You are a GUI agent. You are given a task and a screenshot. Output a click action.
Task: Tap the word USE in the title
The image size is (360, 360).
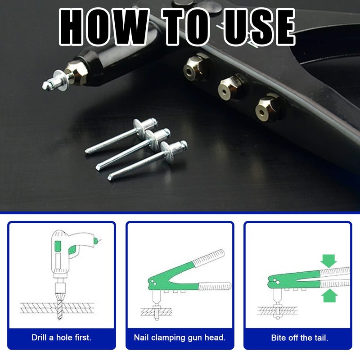259,27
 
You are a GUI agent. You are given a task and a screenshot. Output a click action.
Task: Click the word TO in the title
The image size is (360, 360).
186,27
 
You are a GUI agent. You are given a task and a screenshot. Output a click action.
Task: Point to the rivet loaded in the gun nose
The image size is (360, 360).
55,81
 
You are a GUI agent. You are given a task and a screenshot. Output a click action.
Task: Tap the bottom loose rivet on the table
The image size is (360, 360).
148,160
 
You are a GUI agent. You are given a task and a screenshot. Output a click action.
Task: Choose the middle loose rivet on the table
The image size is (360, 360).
134,149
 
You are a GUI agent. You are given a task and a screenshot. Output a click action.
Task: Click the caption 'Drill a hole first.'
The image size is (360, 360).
61,337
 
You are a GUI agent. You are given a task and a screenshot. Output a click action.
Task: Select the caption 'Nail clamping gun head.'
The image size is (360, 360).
180,337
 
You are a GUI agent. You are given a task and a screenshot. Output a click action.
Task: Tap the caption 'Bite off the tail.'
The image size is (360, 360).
300,337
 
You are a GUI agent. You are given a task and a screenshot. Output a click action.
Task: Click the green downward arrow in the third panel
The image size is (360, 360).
329,261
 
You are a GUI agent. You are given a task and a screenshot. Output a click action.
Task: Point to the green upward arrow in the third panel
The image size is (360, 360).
330,296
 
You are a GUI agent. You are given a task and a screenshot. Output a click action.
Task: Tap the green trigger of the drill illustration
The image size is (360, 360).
72,250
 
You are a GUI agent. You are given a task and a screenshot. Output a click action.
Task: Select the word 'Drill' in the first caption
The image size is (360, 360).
39,337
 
